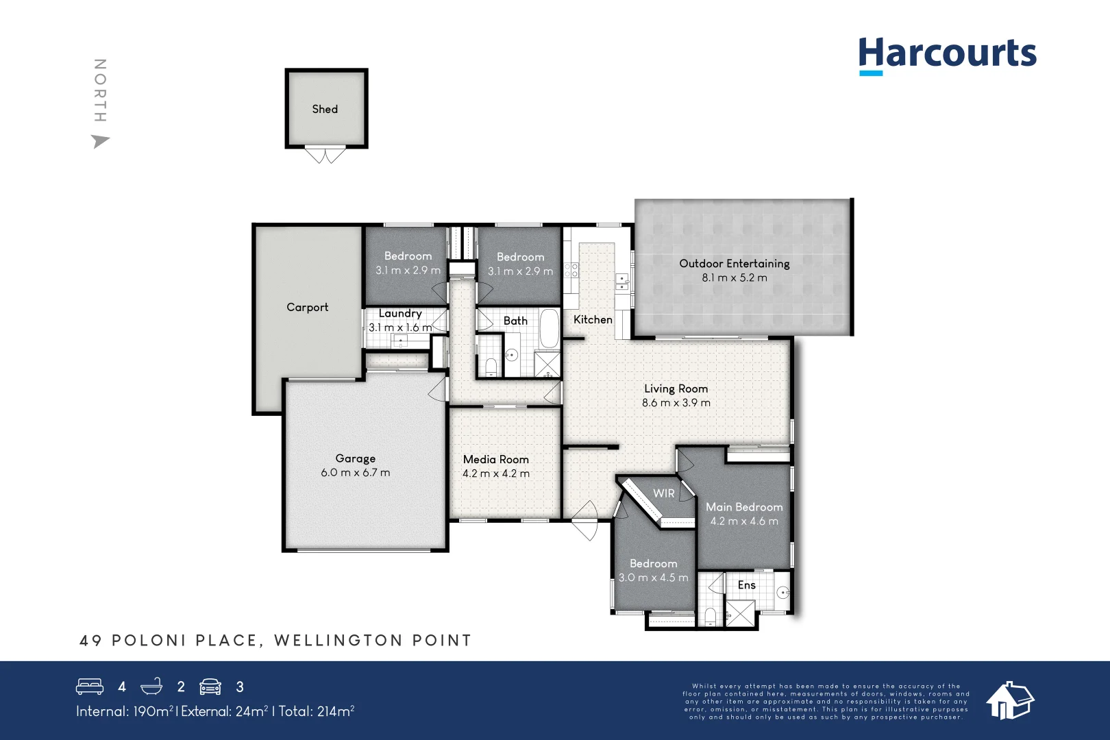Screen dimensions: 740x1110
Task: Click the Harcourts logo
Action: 947,54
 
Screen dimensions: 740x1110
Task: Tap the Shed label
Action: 325,109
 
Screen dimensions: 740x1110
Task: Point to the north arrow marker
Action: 100,141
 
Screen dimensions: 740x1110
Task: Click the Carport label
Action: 307,307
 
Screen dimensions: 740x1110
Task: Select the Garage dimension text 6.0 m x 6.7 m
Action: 355,473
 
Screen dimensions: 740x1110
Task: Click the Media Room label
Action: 495,459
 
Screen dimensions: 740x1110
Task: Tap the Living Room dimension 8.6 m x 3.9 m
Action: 676,403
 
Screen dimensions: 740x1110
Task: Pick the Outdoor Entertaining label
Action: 734,263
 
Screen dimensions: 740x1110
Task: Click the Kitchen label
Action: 593,319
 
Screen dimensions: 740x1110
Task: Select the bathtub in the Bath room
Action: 549,329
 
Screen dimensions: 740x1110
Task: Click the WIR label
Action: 663,493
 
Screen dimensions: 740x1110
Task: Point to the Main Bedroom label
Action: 744,507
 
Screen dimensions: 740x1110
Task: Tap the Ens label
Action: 746,584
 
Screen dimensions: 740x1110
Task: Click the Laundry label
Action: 400,313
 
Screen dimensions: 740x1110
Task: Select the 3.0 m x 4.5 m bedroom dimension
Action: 653,578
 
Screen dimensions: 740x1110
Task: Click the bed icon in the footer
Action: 90,686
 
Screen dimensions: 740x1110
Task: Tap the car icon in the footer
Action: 210,686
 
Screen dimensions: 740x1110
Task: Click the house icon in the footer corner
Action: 1009,700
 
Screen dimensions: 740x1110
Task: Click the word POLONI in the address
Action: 149,641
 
